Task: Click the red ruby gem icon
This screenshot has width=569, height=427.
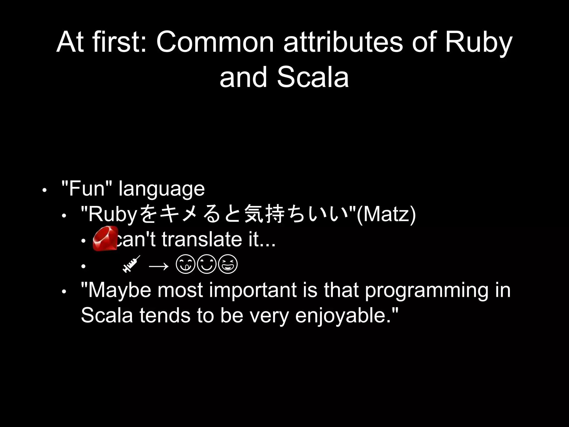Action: pos(105,239)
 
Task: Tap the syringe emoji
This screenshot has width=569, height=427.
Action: pos(131,264)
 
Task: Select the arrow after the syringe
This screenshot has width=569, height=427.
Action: pos(159,266)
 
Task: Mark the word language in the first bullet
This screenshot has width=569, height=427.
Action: pos(162,189)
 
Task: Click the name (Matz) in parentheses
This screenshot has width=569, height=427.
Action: pos(386,214)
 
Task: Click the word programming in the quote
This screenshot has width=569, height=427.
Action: pos(426,291)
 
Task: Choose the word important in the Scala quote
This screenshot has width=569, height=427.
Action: pos(253,290)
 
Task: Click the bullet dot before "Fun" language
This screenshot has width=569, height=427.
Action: pos(44,191)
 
